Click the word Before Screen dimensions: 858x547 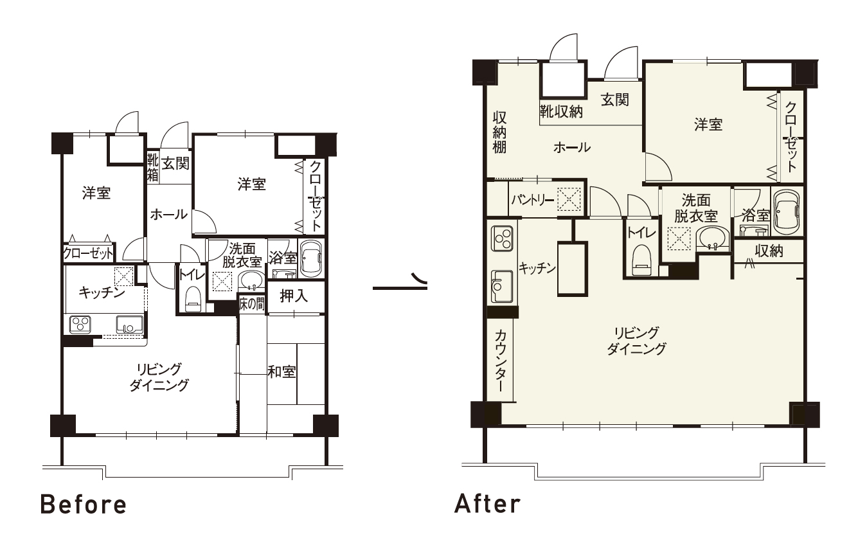pyautogui.click(x=83, y=505)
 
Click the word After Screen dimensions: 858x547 pyautogui.click(x=488, y=503)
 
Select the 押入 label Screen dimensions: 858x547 pyautogui.click(x=294, y=296)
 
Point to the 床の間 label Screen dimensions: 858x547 pyautogui.click(x=252, y=304)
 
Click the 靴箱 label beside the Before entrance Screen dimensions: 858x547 pyautogui.click(x=153, y=168)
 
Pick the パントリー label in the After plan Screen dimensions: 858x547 pyautogui.click(x=533, y=200)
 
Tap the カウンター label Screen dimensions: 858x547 pyautogui.click(x=500, y=361)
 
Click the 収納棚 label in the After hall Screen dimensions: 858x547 pyautogui.click(x=499, y=132)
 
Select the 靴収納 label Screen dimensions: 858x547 pyautogui.click(x=562, y=111)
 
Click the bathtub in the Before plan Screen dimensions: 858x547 pyautogui.click(x=310, y=258)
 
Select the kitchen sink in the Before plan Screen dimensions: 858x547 pyautogui.click(x=129, y=325)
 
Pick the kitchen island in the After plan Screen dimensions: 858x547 pyautogui.click(x=572, y=269)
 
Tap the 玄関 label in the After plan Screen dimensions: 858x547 pyautogui.click(x=615, y=100)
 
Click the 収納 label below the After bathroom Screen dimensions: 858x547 pyautogui.click(x=769, y=251)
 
